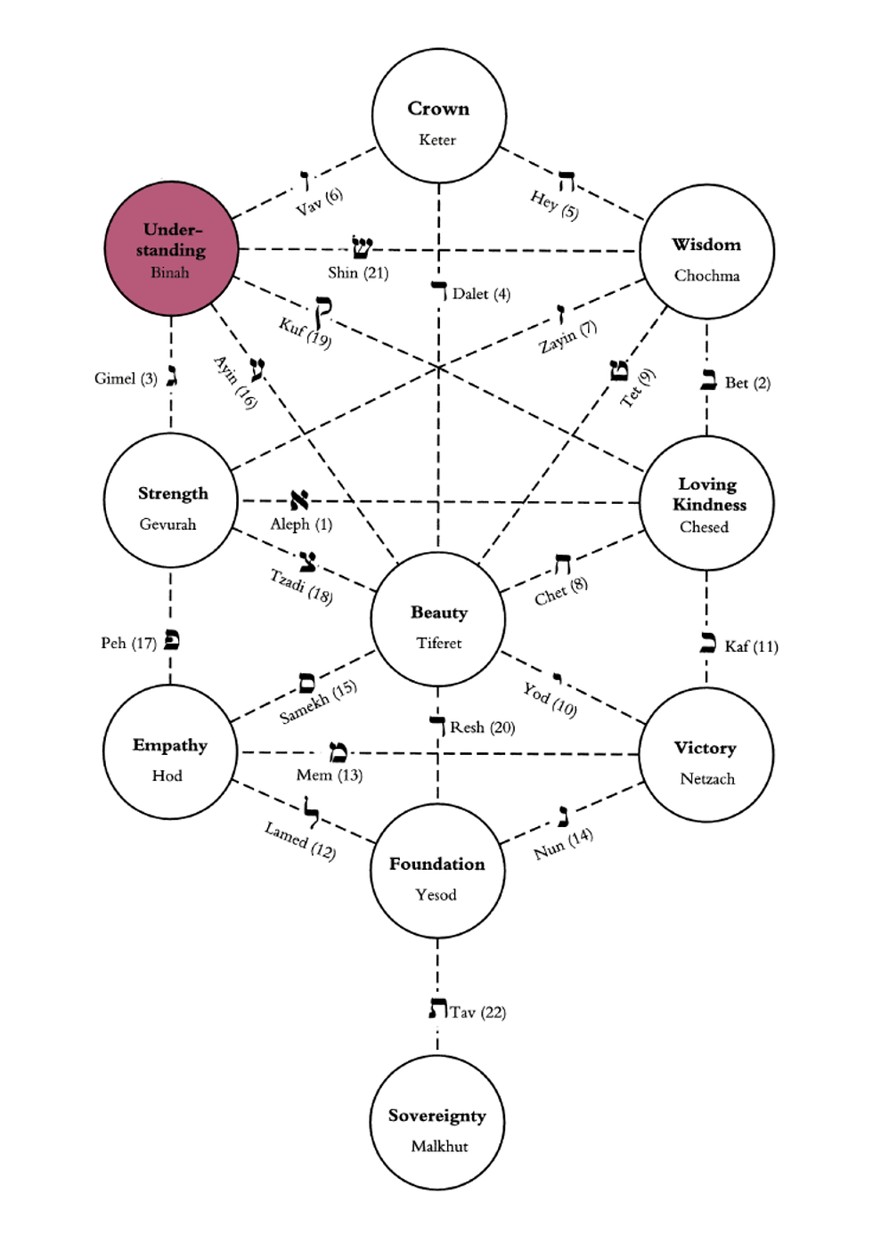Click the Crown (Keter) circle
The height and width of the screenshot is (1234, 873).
click(x=438, y=117)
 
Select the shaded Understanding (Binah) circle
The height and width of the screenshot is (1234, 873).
click(x=171, y=248)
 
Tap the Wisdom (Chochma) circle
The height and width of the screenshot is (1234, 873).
click(x=706, y=252)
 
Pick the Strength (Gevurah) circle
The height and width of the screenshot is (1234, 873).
click(x=170, y=500)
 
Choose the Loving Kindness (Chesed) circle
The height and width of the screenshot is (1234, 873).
click(x=706, y=503)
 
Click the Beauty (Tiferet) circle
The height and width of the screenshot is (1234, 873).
click(x=437, y=620)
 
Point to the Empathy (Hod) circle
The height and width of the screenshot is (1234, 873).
click(x=169, y=752)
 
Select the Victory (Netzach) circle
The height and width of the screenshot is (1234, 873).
click(x=706, y=755)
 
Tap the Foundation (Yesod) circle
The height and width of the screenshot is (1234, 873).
click(x=436, y=872)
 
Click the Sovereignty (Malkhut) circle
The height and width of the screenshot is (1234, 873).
click(x=436, y=1123)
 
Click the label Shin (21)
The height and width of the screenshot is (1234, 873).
click(x=358, y=273)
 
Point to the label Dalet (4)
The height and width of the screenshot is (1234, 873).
click(x=481, y=294)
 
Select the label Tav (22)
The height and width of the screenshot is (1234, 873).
click(x=477, y=1012)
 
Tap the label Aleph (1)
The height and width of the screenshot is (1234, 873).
click(x=301, y=524)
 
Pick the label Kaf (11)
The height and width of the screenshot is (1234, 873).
click(x=751, y=646)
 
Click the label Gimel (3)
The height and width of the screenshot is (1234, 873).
click(x=126, y=378)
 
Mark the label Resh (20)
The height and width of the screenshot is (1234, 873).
click(x=482, y=727)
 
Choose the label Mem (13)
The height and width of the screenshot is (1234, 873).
click(x=329, y=775)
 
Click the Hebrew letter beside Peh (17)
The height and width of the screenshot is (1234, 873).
click(x=172, y=640)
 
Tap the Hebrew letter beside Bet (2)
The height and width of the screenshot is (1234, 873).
click(x=708, y=380)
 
